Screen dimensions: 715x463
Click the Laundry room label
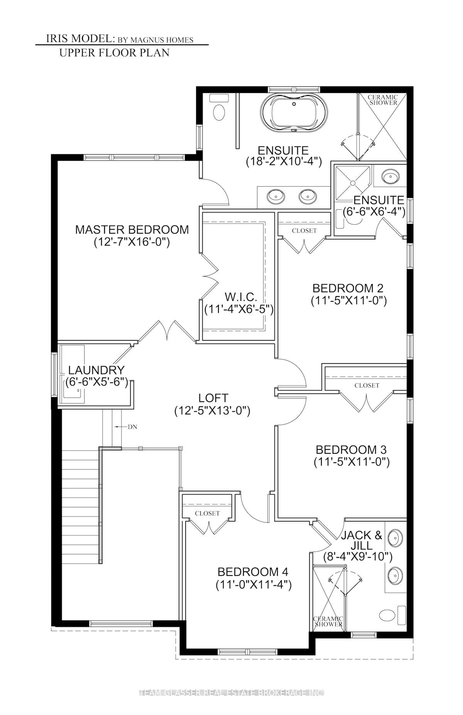96,370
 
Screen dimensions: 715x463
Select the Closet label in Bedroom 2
304,231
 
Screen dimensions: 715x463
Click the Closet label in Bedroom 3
367,385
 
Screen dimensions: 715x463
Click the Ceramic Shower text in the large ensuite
383,100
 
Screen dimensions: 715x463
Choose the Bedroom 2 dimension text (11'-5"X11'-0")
348,301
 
